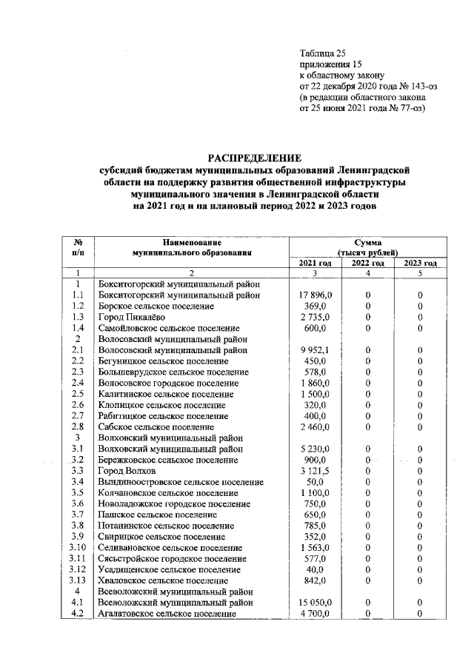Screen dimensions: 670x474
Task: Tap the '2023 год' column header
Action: coord(419,263)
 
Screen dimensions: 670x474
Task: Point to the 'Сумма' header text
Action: coord(367,241)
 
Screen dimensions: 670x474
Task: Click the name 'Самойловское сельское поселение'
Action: coord(168,327)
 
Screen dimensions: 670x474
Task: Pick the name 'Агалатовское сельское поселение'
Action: coord(168,614)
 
